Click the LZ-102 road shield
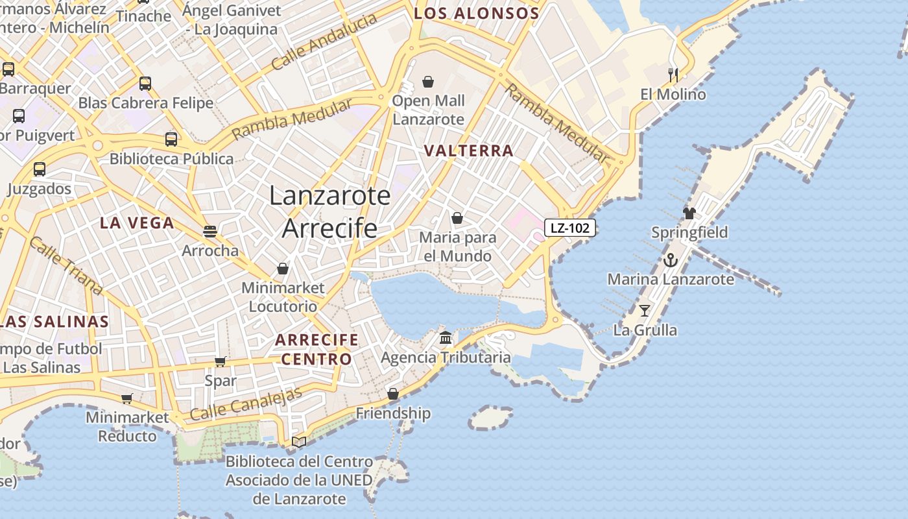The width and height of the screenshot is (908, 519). pyautogui.click(x=569, y=228)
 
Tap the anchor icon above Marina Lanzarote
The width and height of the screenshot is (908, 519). pyautogui.click(x=670, y=261)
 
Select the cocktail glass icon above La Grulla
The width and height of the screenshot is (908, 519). pyautogui.click(x=644, y=310)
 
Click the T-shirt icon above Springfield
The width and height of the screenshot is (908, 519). pyautogui.click(x=689, y=213)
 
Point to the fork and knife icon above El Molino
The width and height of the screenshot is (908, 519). pyautogui.click(x=673, y=75)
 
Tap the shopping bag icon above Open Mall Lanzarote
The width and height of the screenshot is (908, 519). pyautogui.click(x=428, y=82)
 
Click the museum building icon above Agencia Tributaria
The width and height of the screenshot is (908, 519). pyautogui.click(x=446, y=337)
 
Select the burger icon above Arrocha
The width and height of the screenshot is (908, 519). pyautogui.click(x=209, y=231)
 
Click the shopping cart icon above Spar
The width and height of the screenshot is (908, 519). pyautogui.click(x=221, y=361)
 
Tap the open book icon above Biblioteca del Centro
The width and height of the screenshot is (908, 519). pyautogui.click(x=298, y=442)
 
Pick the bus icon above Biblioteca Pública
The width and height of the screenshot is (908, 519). pyautogui.click(x=171, y=139)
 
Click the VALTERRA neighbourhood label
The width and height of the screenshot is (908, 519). pyautogui.click(x=468, y=151)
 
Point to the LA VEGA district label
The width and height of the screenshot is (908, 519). pyautogui.click(x=137, y=223)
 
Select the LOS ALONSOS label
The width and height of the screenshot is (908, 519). pyautogui.click(x=477, y=13)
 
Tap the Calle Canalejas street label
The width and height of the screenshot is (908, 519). pyautogui.click(x=246, y=404)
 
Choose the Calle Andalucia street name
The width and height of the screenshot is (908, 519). pyautogui.click(x=324, y=42)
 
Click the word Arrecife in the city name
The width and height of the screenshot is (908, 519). pyautogui.click(x=329, y=228)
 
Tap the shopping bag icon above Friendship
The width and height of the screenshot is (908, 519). pyautogui.click(x=393, y=394)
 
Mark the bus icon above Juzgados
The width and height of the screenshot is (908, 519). pyautogui.click(x=40, y=169)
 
